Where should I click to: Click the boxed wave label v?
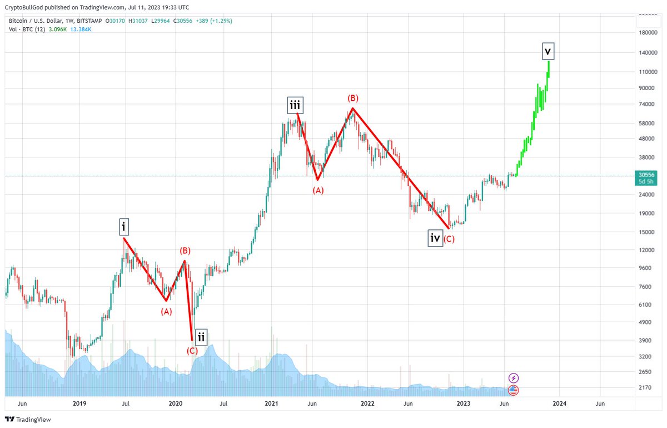point(548,52)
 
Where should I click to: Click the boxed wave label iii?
point(295,105)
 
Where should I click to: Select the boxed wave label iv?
point(435,238)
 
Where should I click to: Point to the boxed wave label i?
point(123,227)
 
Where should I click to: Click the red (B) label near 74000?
point(353,98)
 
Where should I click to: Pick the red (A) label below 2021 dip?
point(318,190)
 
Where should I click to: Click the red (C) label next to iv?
point(449,239)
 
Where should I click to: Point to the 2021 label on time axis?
point(271,403)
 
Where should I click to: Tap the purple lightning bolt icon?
point(514,378)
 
